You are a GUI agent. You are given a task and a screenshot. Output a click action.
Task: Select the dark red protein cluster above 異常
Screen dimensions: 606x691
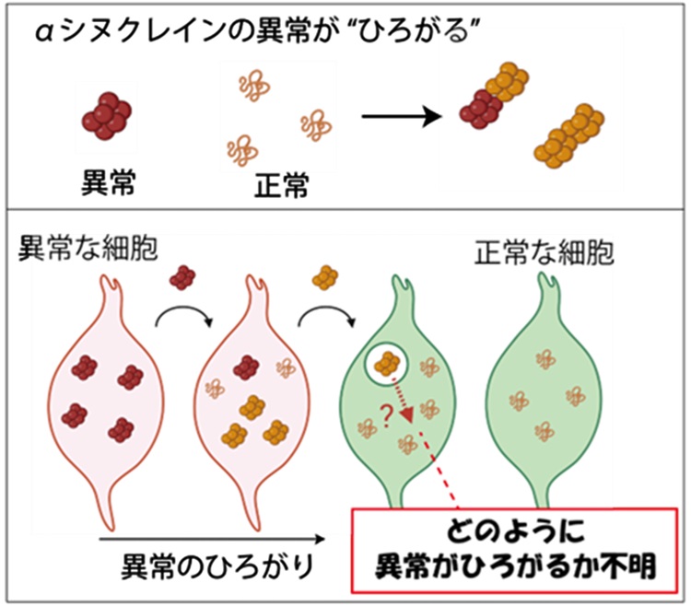(x=109, y=112)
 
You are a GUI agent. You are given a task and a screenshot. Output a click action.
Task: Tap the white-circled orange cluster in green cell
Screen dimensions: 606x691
(x=386, y=362)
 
